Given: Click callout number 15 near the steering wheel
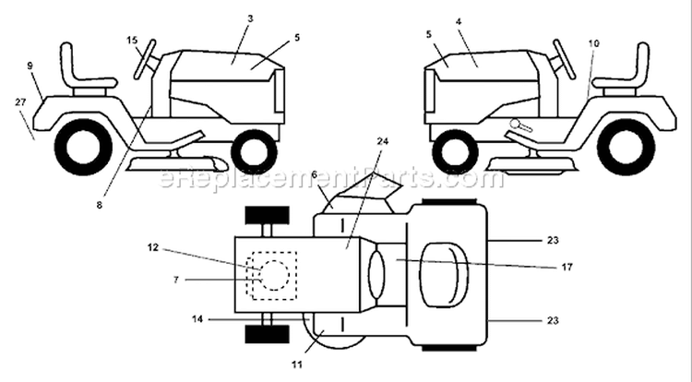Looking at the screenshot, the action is click(x=132, y=41).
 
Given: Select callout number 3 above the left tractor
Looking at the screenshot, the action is click(x=250, y=18).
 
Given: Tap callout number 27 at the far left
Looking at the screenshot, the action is click(x=20, y=101).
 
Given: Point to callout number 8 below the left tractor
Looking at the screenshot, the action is click(x=100, y=205).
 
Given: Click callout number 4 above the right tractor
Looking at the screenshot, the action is click(x=459, y=21).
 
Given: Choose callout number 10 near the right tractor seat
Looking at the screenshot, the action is click(x=594, y=43).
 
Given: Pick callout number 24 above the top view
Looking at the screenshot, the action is click(x=383, y=141).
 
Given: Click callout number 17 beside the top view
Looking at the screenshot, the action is click(x=567, y=267).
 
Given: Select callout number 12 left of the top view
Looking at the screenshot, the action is click(x=152, y=247).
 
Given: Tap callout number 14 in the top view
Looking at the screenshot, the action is click(x=197, y=319).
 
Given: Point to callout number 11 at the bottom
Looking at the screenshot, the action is click(x=297, y=364).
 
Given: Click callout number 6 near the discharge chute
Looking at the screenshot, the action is click(x=314, y=174).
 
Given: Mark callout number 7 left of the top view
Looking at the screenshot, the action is click(x=176, y=280).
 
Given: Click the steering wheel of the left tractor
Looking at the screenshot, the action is click(x=145, y=60).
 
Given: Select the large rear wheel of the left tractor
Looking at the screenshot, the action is click(x=83, y=147).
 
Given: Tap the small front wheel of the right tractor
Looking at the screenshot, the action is click(x=455, y=151).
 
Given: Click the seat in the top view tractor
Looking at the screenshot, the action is click(x=443, y=274).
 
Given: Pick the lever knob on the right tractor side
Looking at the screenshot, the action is click(x=515, y=124).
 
